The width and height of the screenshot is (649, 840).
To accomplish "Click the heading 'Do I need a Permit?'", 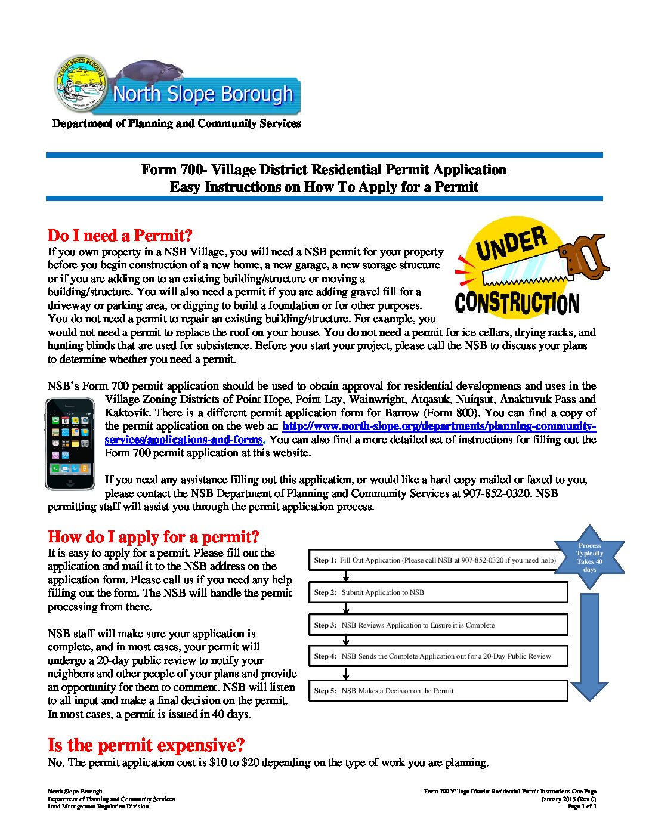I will coord(120,235).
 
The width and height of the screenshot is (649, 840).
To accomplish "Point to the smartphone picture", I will coord(70,444).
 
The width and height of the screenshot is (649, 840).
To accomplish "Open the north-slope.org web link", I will coord(438,426).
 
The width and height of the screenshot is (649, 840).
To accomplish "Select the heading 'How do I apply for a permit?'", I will coord(153,537).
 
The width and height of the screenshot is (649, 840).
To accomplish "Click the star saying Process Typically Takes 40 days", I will coord(589,557).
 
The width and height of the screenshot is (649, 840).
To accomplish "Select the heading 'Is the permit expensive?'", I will coord(146,745).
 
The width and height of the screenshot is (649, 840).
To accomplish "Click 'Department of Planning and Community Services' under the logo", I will coord(177,123).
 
